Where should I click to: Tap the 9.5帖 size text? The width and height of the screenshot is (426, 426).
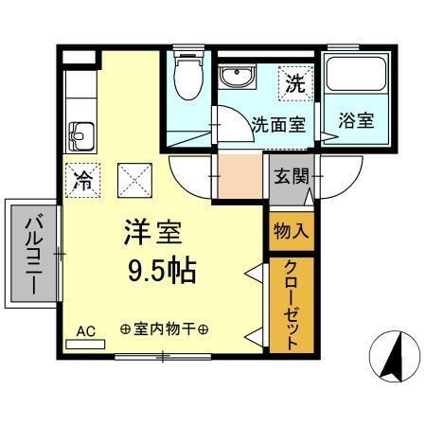[162, 272]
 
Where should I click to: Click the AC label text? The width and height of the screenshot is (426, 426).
[86, 330]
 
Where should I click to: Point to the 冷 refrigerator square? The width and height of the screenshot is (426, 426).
[82, 179]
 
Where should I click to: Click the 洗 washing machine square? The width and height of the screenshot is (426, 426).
[294, 83]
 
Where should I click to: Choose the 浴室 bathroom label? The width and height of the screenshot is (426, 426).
[355, 120]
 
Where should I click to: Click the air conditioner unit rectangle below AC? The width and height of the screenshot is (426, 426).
[86, 344]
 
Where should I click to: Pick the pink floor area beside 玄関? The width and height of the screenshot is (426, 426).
[239, 176]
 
